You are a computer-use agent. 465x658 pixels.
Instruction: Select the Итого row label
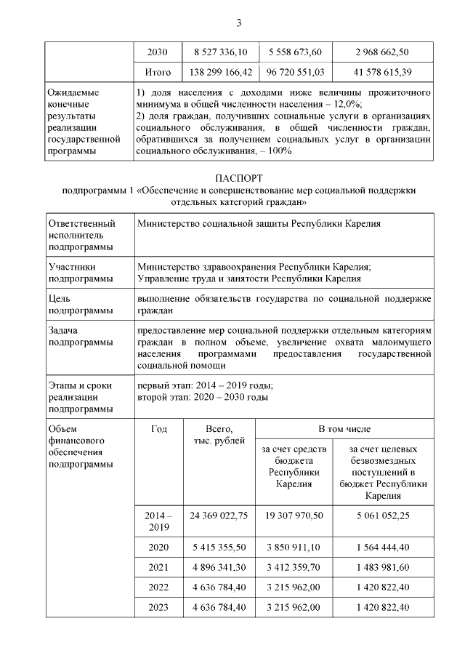point(158,73)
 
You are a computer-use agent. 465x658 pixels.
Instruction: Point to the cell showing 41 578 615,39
point(383,73)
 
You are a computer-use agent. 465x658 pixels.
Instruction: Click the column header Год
point(158,429)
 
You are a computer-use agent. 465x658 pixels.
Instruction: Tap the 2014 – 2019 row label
point(158,521)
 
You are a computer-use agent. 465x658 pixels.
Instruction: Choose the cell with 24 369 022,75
point(219,515)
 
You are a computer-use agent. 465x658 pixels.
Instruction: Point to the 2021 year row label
point(158,567)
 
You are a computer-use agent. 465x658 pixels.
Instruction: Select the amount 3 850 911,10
point(294,547)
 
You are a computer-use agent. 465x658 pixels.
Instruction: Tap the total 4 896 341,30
point(219,567)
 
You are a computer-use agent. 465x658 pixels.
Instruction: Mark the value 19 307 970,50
point(294,515)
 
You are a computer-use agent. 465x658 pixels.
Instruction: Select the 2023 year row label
point(158,608)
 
